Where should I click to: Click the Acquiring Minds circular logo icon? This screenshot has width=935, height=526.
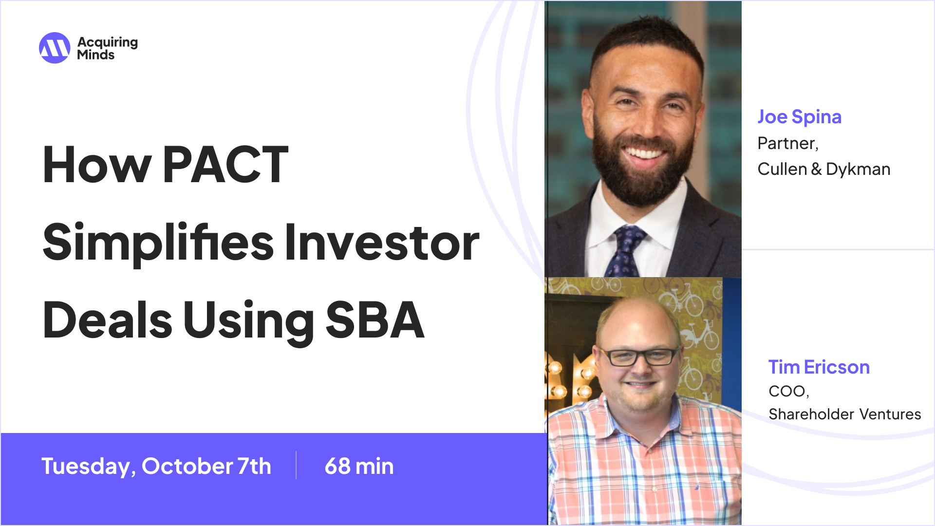tap(55, 48)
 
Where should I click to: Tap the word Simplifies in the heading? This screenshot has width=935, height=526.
tap(158, 243)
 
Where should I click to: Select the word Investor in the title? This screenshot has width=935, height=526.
tap(382, 243)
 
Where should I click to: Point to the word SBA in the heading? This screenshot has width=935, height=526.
tap(375, 320)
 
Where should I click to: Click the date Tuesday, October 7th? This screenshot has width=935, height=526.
tap(156, 466)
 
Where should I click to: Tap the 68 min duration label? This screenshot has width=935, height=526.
tap(359, 466)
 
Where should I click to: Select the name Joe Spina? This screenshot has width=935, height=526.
tap(799, 117)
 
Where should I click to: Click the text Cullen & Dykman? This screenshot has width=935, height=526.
tap(823, 169)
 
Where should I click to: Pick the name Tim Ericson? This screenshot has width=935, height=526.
tap(819, 367)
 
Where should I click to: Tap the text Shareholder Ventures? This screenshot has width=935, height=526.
tap(844, 414)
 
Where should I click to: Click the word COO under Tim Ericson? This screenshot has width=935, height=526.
tap(787, 391)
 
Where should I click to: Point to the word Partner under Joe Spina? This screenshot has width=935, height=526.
tap(787, 143)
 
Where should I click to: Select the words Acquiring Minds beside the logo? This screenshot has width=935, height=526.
tap(107, 48)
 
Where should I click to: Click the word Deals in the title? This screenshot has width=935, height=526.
tap(108, 320)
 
